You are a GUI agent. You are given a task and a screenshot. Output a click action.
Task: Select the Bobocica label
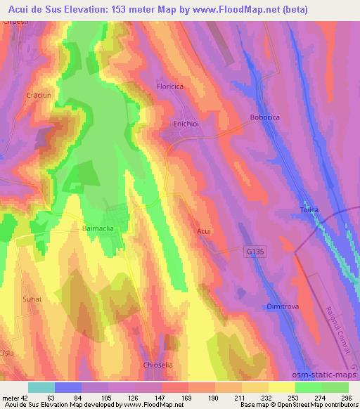pyautogui.click(x=265, y=118)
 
